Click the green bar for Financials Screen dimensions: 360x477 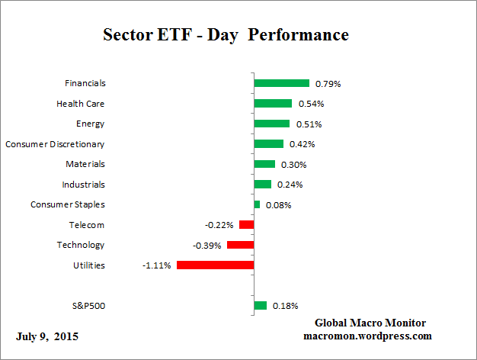click(281, 83)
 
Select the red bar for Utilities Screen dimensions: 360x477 click(215, 265)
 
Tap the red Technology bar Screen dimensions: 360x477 click(240, 245)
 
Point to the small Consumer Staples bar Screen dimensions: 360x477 click(257, 204)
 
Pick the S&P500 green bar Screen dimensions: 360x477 click(260, 306)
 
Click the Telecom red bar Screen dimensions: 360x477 click(246, 225)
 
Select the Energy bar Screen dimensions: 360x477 click(271, 124)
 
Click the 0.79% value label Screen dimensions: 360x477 click(328, 84)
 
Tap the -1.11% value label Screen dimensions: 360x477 click(156, 265)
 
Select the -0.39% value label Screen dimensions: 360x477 click(206, 246)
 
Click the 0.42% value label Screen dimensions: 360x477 click(302, 144)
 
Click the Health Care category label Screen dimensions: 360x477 click(81, 104)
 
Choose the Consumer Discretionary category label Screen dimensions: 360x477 click(55, 144)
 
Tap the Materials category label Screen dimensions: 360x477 click(85, 164)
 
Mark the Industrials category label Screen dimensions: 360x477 click(83, 185)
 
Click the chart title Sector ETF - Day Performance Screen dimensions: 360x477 click(226, 35)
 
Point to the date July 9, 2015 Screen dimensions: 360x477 click(46, 336)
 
